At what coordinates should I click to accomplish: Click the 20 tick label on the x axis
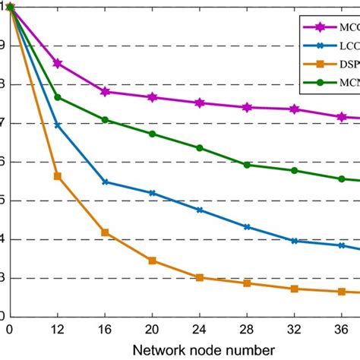pos(152,330)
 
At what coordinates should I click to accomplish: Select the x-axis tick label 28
pos(247,330)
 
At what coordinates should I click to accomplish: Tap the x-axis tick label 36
pos(341,330)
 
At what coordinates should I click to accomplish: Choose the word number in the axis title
pos(248,349)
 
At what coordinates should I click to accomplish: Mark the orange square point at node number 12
pos(58,176)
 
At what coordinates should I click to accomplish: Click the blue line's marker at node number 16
pos(105,182)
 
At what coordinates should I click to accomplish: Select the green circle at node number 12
pos(58,97)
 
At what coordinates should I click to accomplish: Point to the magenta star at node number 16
pos(105,92)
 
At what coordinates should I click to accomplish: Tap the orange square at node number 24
pos(200,277)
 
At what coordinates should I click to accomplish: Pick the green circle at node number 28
pos(247,165)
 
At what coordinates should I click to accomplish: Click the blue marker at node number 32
pos(294,241)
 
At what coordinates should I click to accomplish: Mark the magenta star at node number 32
pos(294,109)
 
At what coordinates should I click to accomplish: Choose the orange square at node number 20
pos(152,261)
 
